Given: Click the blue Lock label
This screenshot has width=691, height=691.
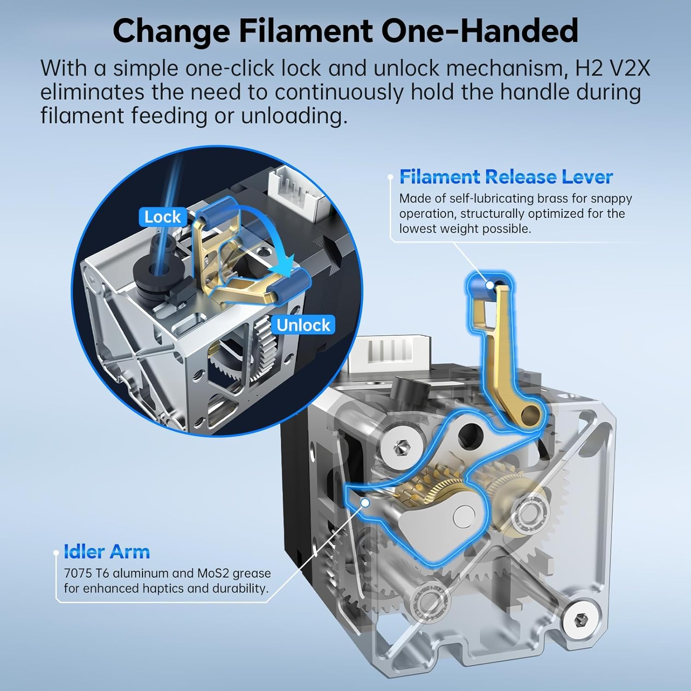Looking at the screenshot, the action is click(162, 217).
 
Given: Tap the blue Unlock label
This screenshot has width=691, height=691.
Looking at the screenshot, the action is click(303, 325).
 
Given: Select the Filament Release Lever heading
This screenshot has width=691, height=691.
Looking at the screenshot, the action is click(506, 177).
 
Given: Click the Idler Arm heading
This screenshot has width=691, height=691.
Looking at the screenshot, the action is click(107, 552).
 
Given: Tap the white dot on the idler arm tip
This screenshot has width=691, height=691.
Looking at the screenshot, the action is click(365, 503).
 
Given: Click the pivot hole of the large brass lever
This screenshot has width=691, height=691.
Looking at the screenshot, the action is click(534, 411).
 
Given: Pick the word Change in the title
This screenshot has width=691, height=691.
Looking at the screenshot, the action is click(171, 31).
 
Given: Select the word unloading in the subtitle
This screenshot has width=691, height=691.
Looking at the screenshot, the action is click(294, 115).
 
